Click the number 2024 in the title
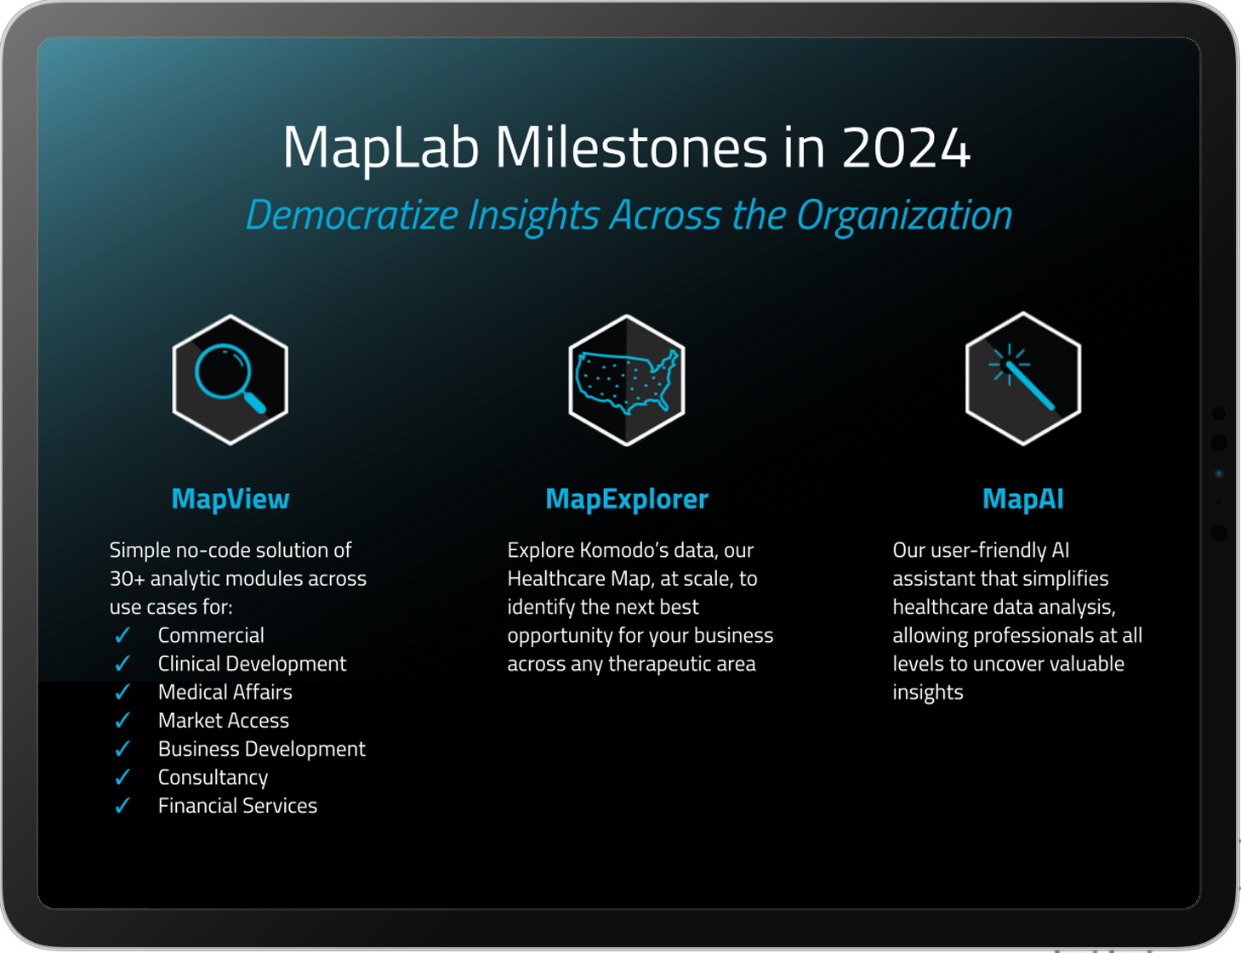pos(905,148)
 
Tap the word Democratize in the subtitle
pos(352,215)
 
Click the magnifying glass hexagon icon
pos(231,379)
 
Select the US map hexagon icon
pos(627,380)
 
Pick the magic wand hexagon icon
pos(1023,379)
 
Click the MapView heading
pos(231,499)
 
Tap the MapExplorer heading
pos(627,499)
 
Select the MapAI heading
pos(1022,499)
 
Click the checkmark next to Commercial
pos(122,636)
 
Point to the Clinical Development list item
pos(252,664)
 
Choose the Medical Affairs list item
pos(225,692)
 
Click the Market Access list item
pos(223,721)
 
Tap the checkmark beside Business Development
pos(122,749)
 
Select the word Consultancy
pos(213,778)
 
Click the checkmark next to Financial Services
pos(122,806)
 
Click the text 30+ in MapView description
pos(127,579)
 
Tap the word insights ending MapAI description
pos(927,693)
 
